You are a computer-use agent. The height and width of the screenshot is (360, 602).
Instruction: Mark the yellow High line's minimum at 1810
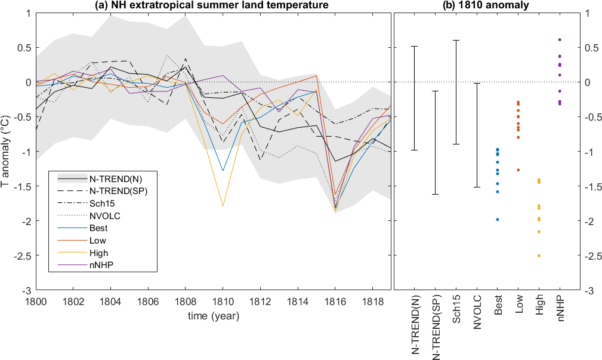223,206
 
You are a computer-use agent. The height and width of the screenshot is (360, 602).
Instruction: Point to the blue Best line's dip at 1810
223,171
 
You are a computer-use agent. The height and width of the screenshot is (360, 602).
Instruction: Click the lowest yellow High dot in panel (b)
539,256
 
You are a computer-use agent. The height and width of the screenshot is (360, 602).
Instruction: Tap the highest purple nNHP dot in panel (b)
560,39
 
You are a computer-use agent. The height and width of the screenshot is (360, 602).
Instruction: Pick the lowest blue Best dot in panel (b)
497,220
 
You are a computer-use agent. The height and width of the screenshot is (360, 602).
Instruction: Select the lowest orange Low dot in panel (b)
518,170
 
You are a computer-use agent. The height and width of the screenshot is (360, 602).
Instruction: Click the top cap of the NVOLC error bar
476,84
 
